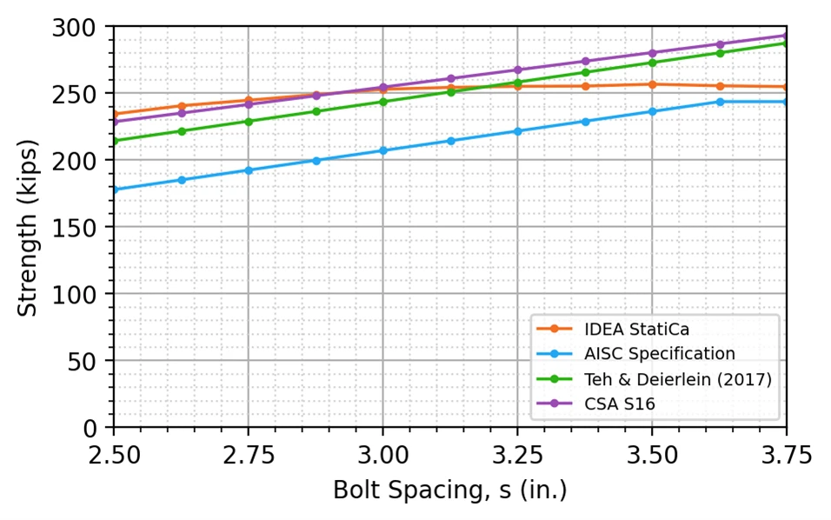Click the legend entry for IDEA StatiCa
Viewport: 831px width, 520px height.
coord(613,330)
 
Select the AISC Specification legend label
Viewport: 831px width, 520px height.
coord(635,354)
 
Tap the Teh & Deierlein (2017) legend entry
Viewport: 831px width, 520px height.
coord(654,379)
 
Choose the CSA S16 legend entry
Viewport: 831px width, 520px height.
coord(595,404)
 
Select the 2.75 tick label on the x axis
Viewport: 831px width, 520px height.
coord(249,456)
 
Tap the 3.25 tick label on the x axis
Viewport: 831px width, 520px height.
coord(518,456)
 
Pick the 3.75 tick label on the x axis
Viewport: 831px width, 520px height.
coord(787,456)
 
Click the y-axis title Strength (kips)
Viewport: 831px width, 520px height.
coord(27,228)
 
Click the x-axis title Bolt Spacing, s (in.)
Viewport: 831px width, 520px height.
coord(450,490)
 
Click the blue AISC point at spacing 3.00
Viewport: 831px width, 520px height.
coord(383,151)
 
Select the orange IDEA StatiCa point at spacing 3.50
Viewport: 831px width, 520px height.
coord(653,84)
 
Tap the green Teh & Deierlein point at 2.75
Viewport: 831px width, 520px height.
coord(249,122)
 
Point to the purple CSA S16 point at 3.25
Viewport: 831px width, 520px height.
coord(518,70)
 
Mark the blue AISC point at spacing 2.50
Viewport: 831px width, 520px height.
coord(115,190)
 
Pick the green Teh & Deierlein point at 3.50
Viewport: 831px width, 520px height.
coord(653,63)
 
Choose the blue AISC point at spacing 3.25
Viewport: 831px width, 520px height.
coord(518,131)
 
